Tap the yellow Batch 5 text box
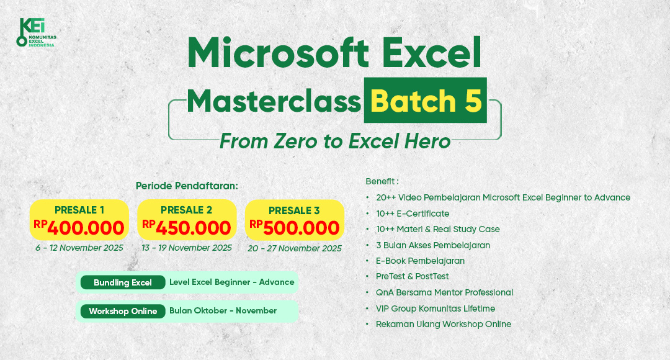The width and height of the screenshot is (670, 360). (425, 101)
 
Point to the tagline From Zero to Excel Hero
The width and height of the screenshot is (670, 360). (335, 142)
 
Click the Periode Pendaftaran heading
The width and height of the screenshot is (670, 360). (187, 186)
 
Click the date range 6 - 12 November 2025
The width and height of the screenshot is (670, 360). (79, 248)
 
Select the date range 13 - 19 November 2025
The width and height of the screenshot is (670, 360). (187, 248)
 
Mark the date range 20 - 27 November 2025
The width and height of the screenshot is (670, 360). (295, 248)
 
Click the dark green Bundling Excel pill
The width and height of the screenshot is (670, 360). (123, 282)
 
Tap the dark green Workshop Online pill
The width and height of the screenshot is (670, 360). (123, 311)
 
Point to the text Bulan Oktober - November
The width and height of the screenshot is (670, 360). (223, 310)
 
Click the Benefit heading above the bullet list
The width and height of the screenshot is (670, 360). (382, 181)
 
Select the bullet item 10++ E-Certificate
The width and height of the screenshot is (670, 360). (413, 214)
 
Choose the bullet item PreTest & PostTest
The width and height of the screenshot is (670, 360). (412, 276)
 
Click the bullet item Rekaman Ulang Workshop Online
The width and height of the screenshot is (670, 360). (443, 324)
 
